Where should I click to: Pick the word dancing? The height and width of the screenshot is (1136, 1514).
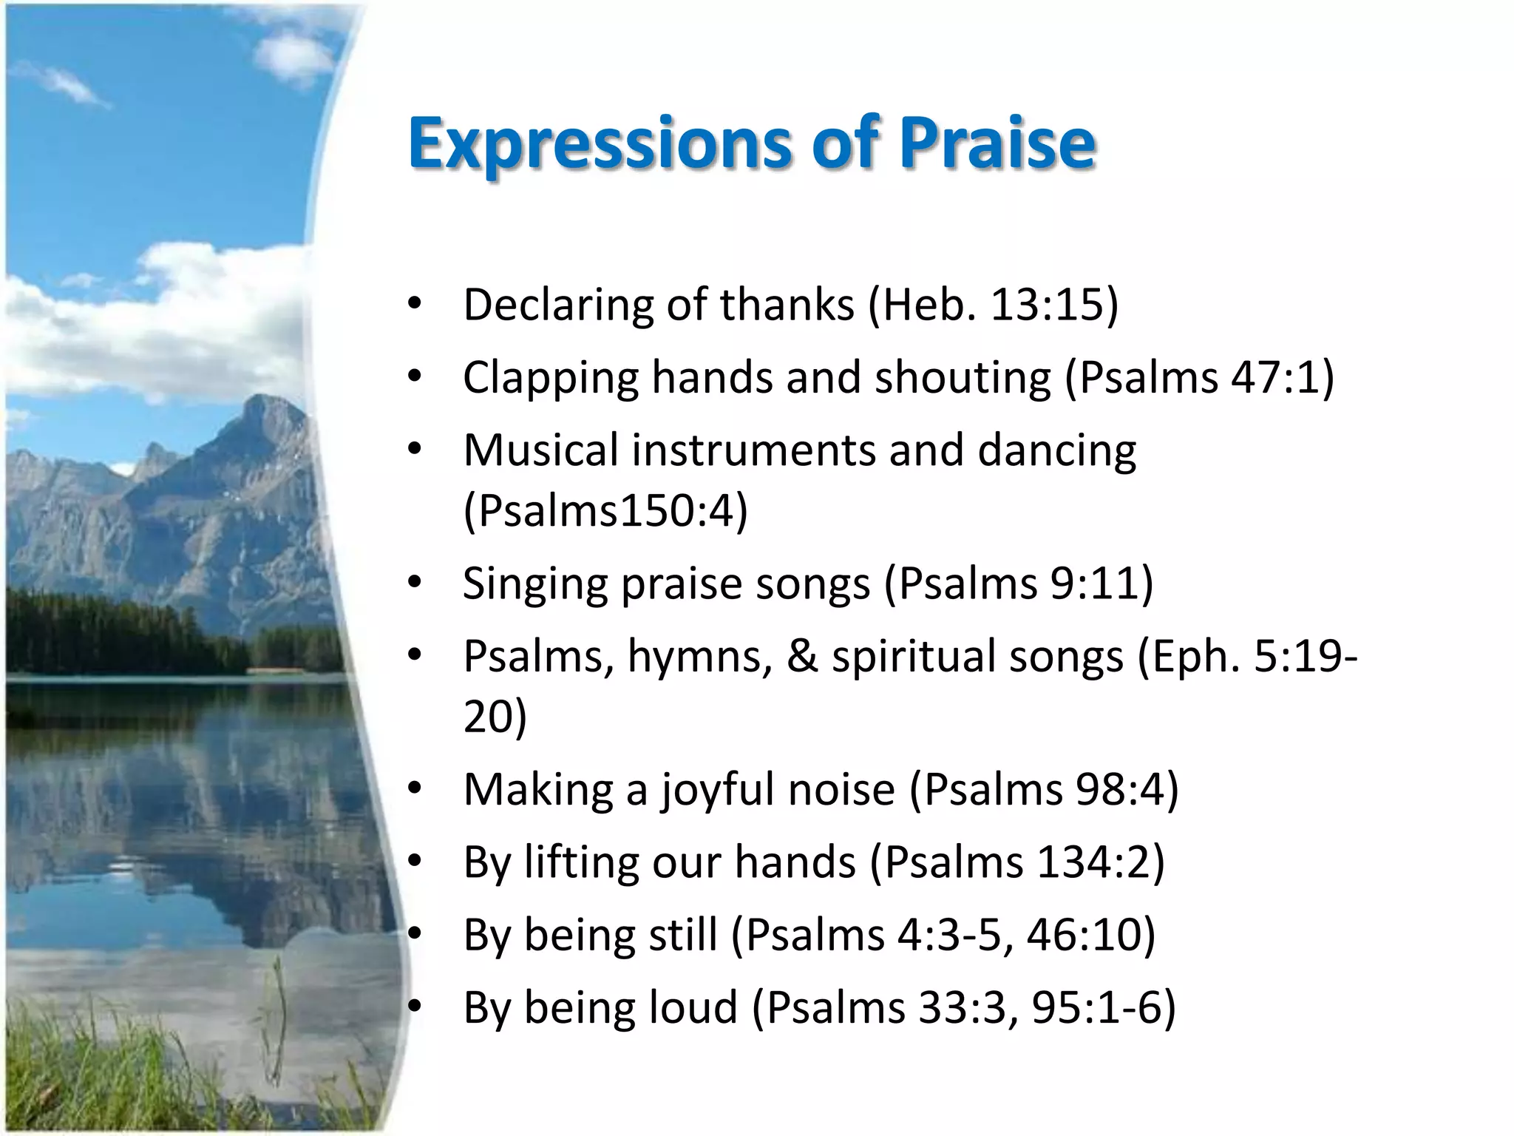pyautogui.click(x=1056, y=452)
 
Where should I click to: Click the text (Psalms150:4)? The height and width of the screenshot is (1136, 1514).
pyautogui.click(x=605, y=510)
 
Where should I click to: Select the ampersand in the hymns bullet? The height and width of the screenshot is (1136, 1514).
pyautogui.click(x=802, y=656)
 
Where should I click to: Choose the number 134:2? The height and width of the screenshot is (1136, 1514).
pyautogui.click(x=1093, y=862)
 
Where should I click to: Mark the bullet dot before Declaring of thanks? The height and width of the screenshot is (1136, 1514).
pyautogui.click(x=415, y=305)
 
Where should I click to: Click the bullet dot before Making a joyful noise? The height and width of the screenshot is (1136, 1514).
pyautogui.click(x=415, y=789)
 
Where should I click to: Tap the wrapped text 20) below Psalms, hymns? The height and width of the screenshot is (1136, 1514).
pyautogui.click(x=495, y=716)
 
